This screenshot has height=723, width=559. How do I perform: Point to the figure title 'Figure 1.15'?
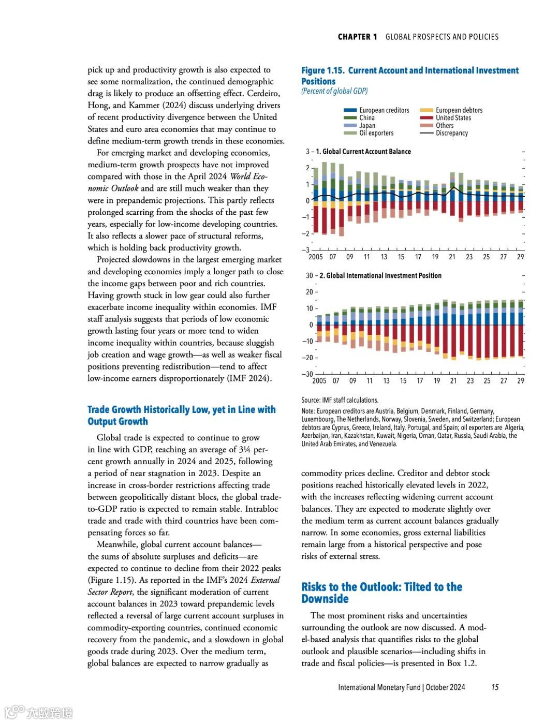pos(323,70)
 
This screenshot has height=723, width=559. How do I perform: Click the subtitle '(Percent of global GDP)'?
pos(334,91)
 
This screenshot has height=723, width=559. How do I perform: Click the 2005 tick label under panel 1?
pos(315,257)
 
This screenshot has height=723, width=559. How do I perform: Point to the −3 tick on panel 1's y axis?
pos(307,250)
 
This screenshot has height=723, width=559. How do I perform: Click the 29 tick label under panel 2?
pos(520,381)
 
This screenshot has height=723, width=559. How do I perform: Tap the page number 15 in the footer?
pos(495,687)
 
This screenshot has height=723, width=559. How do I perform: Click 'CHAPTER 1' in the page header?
pos(357,37)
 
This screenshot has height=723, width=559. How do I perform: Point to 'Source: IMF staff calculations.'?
pos(340,400)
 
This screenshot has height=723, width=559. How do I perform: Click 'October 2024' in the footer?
pos(445,687)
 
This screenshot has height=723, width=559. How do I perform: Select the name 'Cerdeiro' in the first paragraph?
pos(263,94)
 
